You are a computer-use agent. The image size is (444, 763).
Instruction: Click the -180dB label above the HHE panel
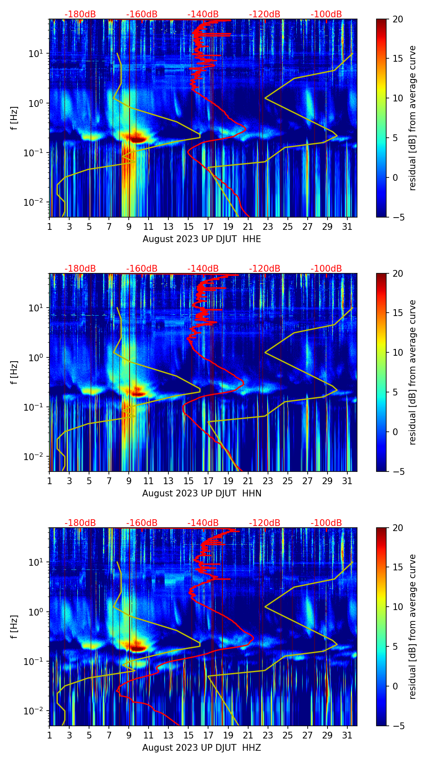(80, 14)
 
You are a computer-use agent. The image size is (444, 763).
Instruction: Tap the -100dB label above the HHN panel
(326, 269)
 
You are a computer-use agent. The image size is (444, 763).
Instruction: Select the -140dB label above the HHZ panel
(203, 523)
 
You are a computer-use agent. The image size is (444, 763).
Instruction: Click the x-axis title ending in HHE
(202, 239)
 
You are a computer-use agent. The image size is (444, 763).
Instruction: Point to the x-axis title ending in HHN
(202, 493)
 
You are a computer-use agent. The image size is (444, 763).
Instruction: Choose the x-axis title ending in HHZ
(202, 748)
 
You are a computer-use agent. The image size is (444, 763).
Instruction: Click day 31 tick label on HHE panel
(347, 226)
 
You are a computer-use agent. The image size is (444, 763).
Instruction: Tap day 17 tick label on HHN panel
(208, 481)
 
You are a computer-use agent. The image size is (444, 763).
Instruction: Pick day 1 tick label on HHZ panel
(49, 735)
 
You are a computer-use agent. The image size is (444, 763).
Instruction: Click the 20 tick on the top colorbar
(398, 19)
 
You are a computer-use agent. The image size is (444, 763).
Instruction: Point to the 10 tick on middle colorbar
(398, 352)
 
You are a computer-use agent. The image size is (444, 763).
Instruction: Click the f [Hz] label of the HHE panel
(14, 118)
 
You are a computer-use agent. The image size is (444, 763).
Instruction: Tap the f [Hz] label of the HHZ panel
(14, 627)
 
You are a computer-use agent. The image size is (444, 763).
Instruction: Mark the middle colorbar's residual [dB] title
(413, 372)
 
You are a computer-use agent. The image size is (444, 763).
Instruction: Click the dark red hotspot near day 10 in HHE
(137, 138)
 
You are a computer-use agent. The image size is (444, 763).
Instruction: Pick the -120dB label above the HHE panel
(265, 14)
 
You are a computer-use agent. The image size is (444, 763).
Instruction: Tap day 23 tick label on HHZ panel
(268, 735)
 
